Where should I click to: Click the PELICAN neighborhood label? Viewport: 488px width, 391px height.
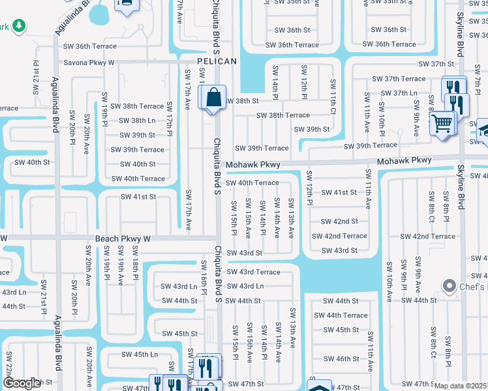[217, 61]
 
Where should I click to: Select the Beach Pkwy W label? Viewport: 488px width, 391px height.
[123, 239]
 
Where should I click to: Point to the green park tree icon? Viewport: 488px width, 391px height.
[19, 25]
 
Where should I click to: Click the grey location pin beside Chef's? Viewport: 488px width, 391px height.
[449, 286]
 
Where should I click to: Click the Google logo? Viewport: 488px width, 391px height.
[22, 384]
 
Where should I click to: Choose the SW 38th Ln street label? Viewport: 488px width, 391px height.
[137, 121]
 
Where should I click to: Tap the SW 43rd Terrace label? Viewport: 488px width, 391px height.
[254, 272]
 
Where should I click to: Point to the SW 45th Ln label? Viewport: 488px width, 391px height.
[140, 355]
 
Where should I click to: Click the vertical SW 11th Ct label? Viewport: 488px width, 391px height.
[333, 94]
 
